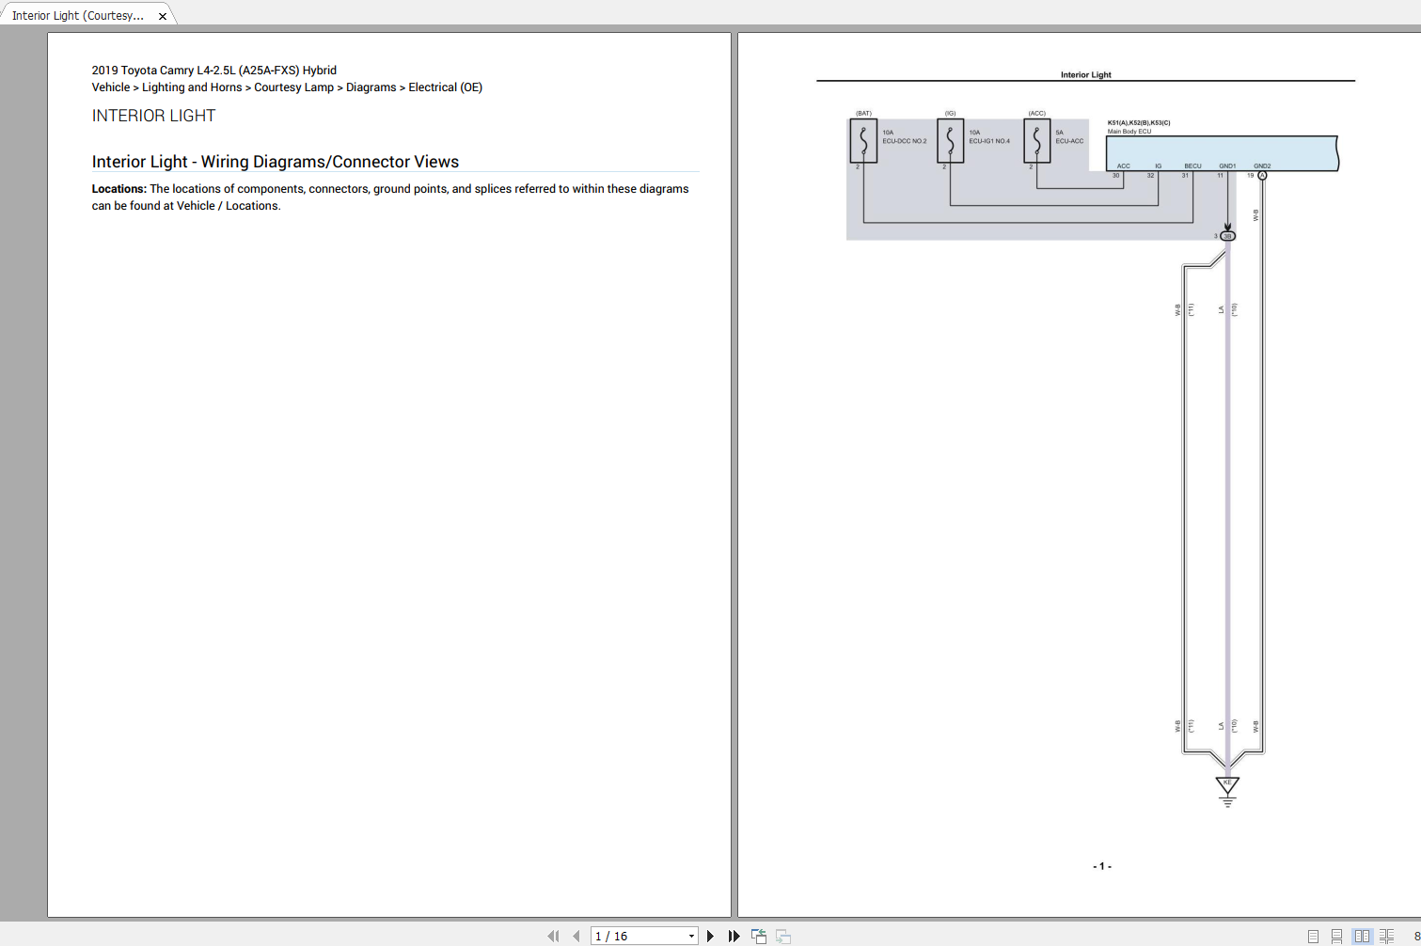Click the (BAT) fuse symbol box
863,141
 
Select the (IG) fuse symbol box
950,141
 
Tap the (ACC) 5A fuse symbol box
1036,141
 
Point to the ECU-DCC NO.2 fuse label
904,141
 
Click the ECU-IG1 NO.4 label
989,141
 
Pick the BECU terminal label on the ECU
1192,166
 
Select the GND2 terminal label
1261,166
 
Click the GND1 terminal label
1227,166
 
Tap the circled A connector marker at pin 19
1262,176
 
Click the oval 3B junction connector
1227,236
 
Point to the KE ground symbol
1227,786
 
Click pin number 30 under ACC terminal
1116,176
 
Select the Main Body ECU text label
1129,132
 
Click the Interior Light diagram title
1085,75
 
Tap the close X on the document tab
163,16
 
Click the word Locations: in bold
118,189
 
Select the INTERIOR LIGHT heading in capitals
153,116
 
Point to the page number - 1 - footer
1101,866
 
